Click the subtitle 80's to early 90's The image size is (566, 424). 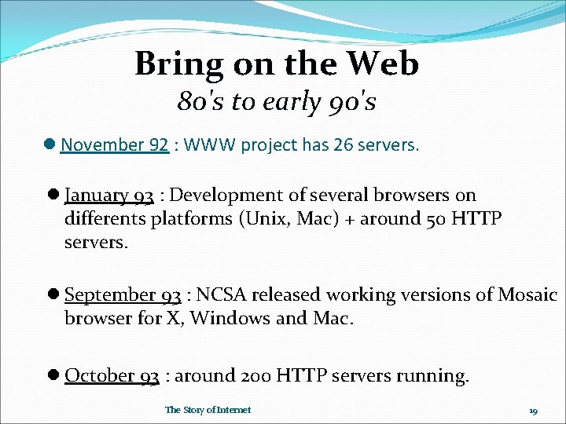tap(276, 101)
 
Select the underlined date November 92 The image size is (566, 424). tap(115, 145)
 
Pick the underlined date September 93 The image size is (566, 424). tap(123, 295)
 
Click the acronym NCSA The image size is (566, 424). tap(219, 295)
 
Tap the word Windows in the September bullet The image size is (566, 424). tap(225, 319)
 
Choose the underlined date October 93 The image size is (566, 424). tap(112, 376)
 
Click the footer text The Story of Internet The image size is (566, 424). tap(208, 410)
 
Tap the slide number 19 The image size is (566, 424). tap(533, 411)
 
